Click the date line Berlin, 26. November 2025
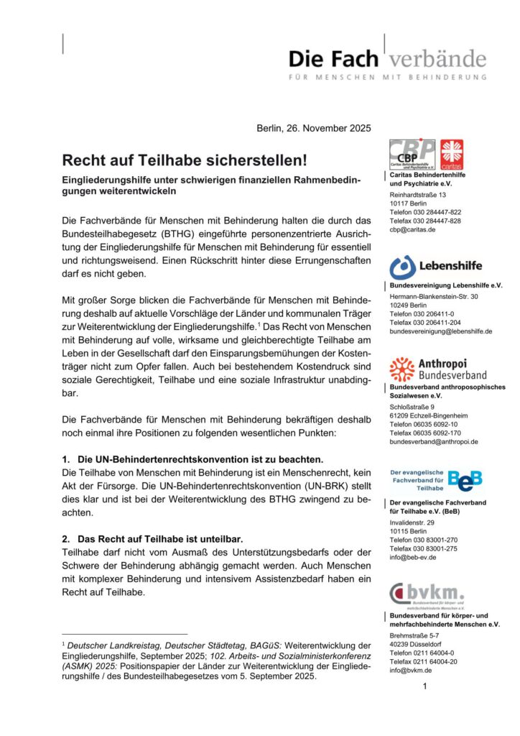[x=314, y=129]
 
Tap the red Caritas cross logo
[x=452, y=155]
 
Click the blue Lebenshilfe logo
[x=436, y=267]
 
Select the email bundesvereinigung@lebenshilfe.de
[x=440, y=331]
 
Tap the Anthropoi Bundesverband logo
[x=437, y=369]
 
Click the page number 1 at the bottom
[x=425, y=687]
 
